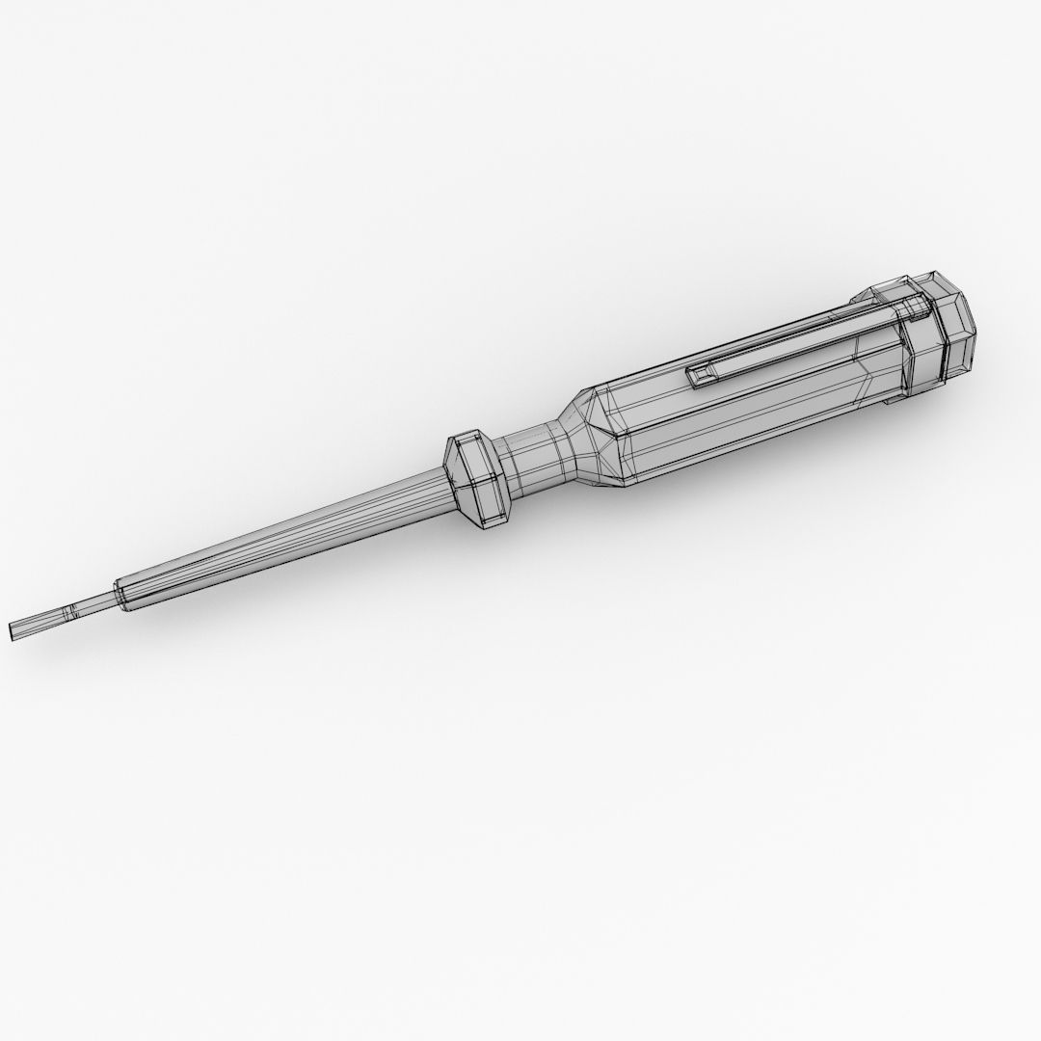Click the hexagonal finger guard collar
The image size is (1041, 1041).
pyautogui.click(x=477, y=478)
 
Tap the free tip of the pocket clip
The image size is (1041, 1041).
pyautogui.click(x=692, y=377)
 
